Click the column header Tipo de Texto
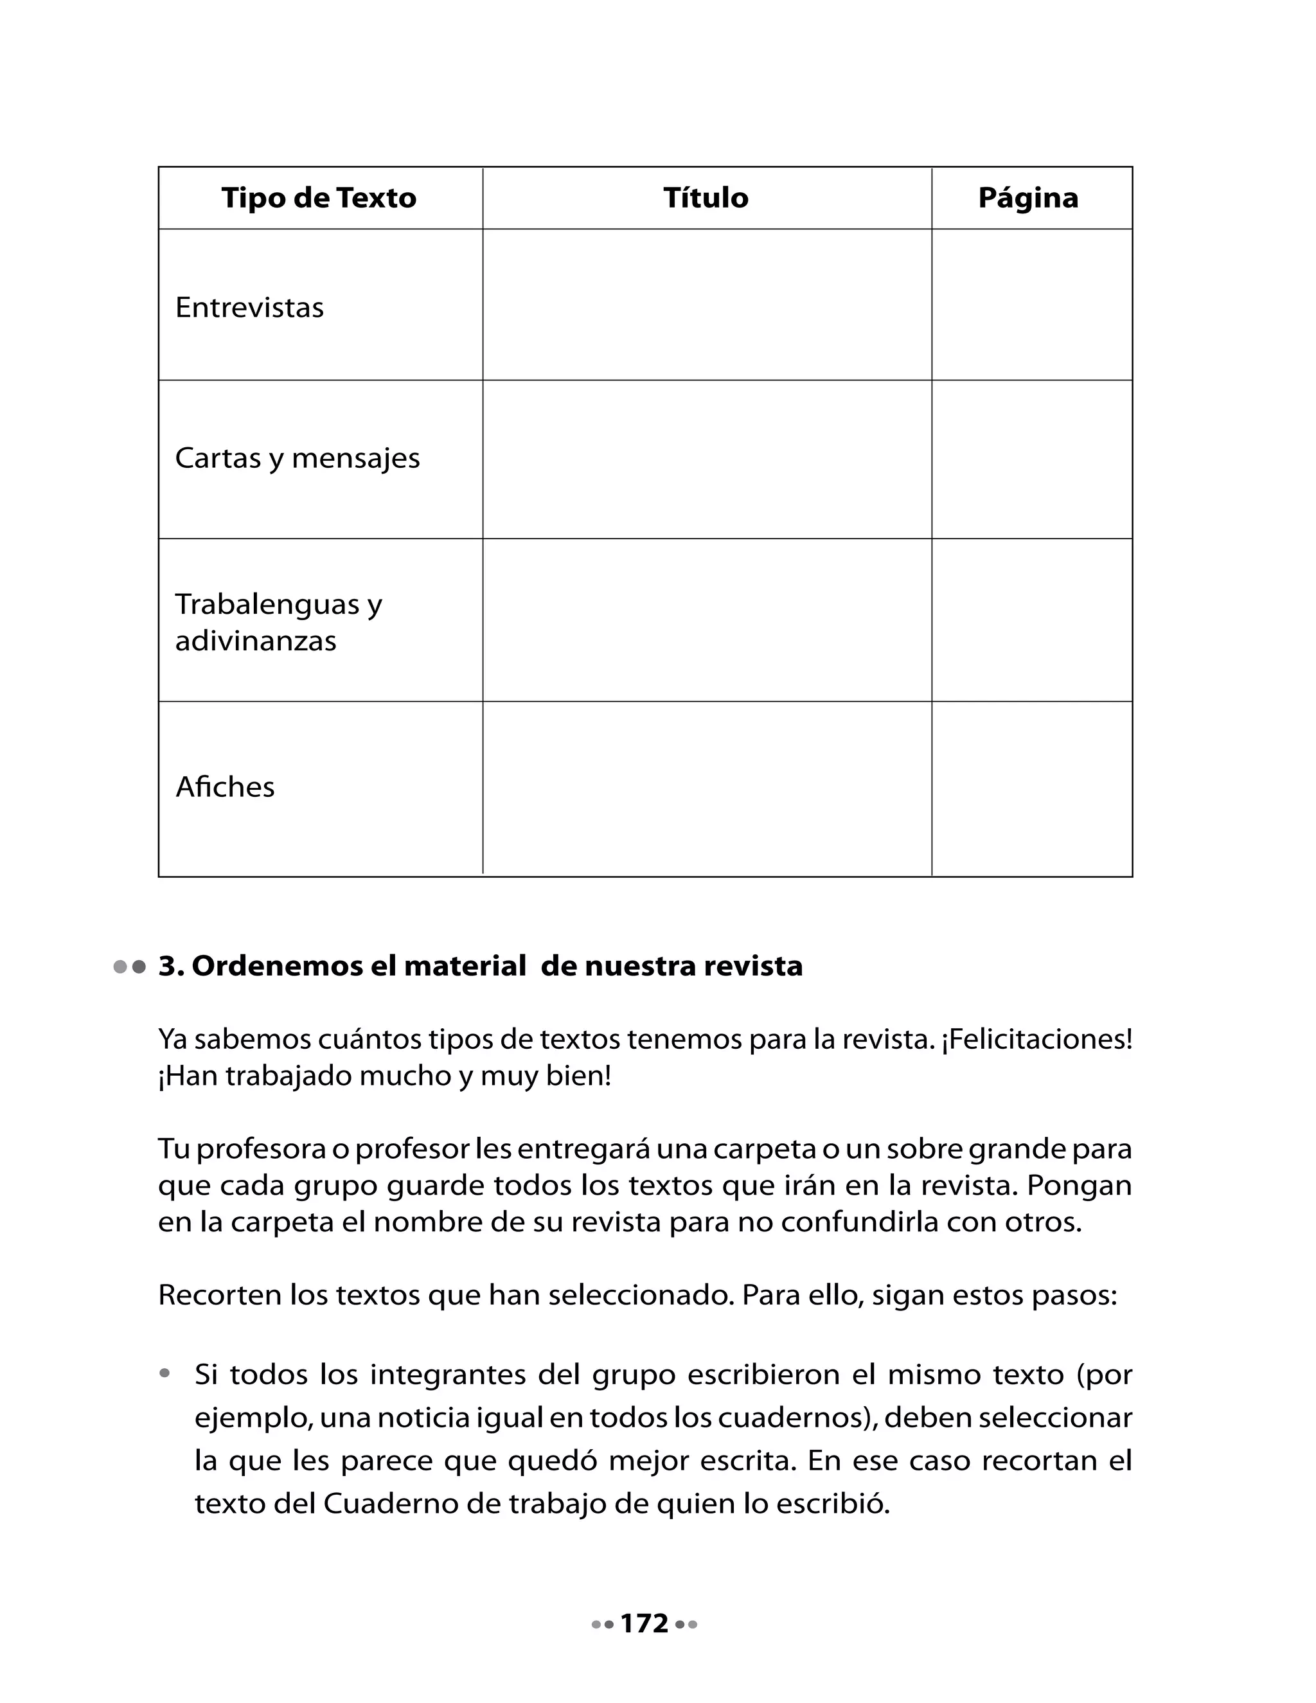coord(319,198)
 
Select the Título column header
coord(706,198)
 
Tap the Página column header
coord(1027,198)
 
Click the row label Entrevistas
coord(249,307)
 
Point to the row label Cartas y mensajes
coord(297,458)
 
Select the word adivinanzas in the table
coord(256,641)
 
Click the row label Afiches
coord(226,787)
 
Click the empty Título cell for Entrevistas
coord(706,305)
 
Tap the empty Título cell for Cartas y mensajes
coord(706,459)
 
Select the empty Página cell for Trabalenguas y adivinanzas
coord(1031,620)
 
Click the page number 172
coord(645,1623)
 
